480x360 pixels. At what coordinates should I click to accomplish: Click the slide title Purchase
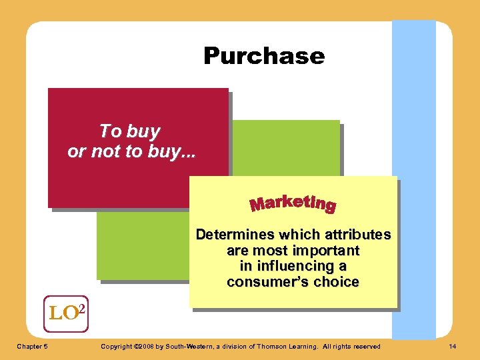[x=264, y=55]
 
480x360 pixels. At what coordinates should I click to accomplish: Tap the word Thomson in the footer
[x=273, y=346]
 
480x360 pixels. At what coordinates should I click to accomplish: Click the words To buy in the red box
[x=129, y=131]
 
